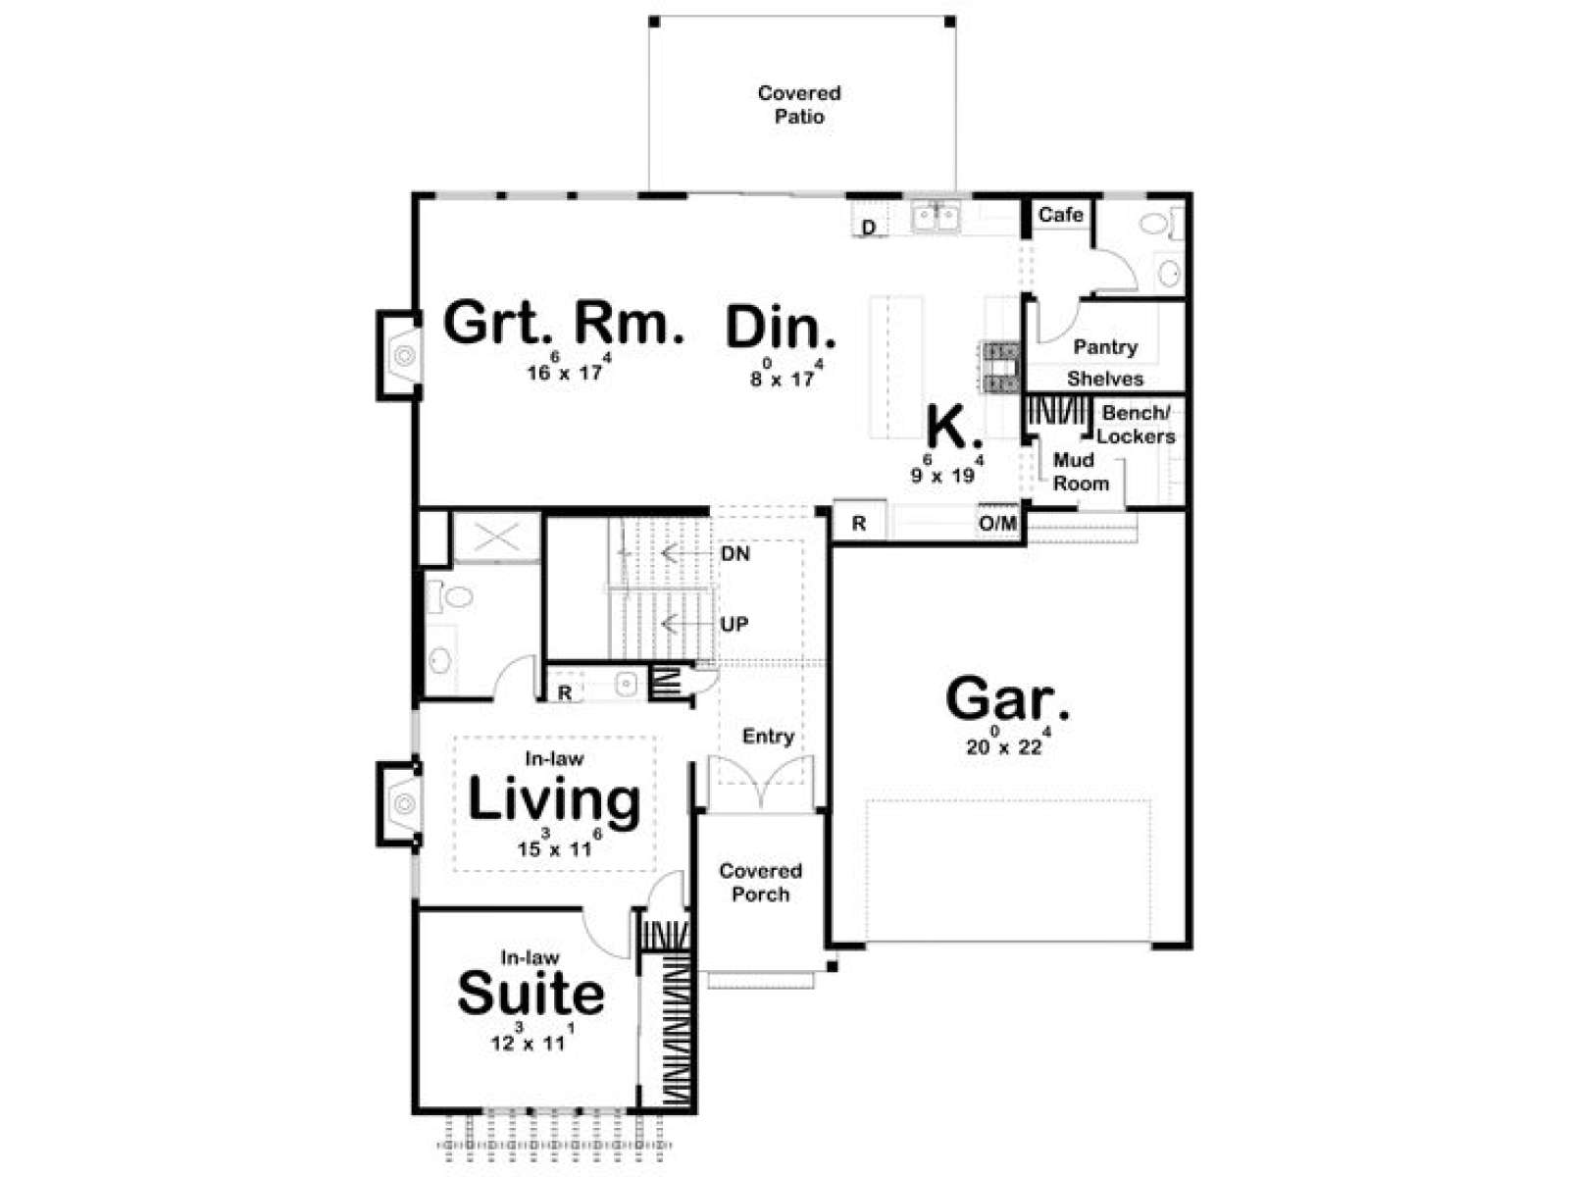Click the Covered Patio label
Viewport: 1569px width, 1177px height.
(x=799, y=104)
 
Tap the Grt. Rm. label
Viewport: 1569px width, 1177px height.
(x=563, y=323)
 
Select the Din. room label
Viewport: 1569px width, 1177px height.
(x=781, y=328)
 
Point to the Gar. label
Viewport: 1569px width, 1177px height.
(x=1007, y=699)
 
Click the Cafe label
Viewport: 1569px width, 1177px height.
(x=1061, y=214)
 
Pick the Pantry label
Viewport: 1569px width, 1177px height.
(x=1105, y=347)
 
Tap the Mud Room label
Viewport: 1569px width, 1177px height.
(x=1081, y=471)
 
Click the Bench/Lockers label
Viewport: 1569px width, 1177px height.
(x=1136, y=425)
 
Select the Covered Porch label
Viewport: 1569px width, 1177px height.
(x=761, y=882)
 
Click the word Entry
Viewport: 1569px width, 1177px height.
(x=769, y=736)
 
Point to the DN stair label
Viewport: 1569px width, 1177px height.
(x=735, y=553)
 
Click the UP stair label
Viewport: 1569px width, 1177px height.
(x=734, y=624)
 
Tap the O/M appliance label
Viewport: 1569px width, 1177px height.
(x=998, y=523)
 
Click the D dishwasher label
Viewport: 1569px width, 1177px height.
(x=869, y=228)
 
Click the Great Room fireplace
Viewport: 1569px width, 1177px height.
(x=399, y=355)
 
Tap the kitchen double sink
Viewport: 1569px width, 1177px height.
(x=936, y=217)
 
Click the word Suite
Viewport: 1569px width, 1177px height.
(x=531, y=993)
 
